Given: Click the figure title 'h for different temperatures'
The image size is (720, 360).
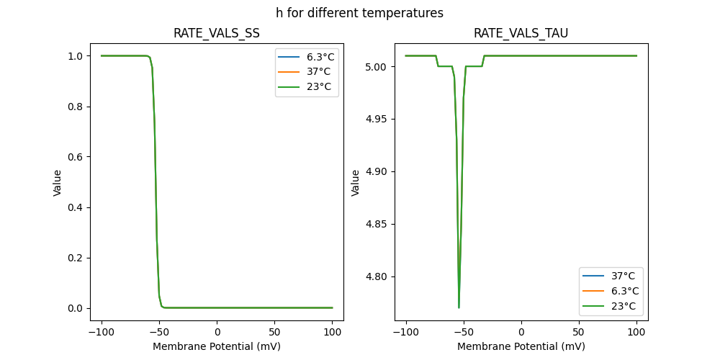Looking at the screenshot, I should [x=359, y=13].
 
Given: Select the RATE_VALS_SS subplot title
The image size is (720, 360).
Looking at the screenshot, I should [x=217, y=33].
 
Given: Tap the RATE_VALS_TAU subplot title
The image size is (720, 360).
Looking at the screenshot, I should [x=521, y=33].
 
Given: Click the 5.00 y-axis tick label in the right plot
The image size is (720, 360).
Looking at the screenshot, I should [x=377, y=67].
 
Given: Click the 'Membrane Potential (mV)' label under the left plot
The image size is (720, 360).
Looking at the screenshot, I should [x=217, y=346].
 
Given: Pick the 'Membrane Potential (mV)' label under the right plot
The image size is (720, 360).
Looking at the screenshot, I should [x=521, y=346].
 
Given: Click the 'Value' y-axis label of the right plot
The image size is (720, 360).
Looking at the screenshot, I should [x=355, y=182].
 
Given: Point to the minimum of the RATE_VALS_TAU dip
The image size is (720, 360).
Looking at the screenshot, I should [x=459, y=307].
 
